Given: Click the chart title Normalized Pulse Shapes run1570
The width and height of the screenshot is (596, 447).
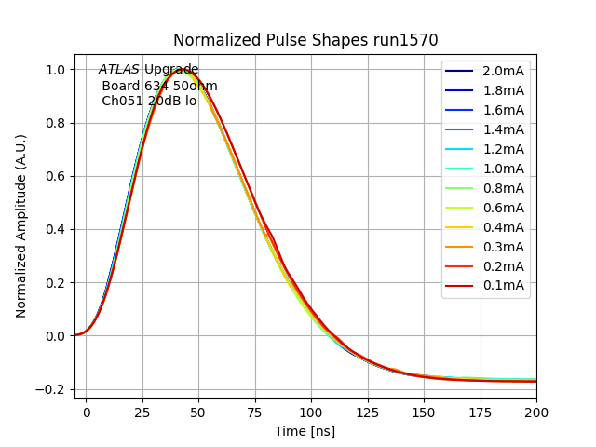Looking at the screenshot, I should [305, 40].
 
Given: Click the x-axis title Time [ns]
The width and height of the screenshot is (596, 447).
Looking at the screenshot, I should [305, 431].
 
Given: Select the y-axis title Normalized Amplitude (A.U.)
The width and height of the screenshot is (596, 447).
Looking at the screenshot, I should [21, 225].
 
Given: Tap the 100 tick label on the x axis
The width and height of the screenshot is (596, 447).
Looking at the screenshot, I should [311, 410].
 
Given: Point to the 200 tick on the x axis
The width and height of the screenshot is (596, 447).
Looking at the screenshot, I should [536, 410].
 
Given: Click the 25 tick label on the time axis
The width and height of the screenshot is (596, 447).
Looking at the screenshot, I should [142, 410].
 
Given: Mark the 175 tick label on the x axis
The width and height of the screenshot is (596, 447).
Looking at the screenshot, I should [481, 410].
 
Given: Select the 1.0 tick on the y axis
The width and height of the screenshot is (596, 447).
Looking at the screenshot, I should [56, 70].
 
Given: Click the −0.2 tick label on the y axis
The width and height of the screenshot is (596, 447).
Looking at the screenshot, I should [52, 389].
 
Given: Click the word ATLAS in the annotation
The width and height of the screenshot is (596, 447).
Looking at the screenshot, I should [119, 70].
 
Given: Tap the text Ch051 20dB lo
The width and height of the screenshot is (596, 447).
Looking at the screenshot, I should [149, 101].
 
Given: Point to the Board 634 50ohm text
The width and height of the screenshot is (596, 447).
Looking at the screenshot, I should [159, 86].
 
